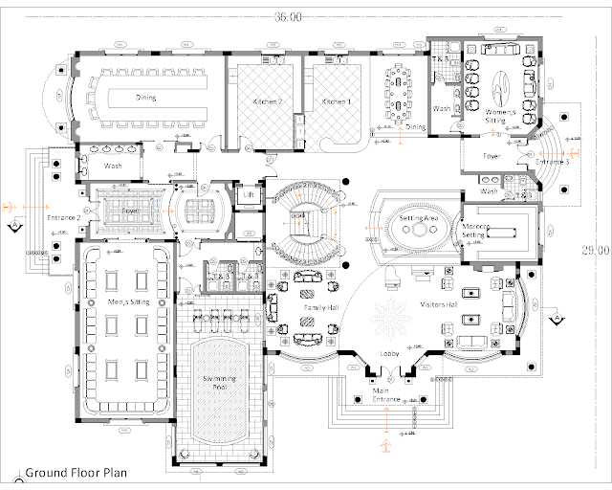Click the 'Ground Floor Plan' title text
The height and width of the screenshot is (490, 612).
(x=85, y=472)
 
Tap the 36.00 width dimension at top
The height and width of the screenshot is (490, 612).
(x=288, y=17)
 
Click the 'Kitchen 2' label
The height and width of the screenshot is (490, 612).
(x=263, y=100)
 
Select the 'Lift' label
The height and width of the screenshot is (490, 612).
(x=249, y=194)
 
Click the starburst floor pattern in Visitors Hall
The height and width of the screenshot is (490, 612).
(x=390, y=319)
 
